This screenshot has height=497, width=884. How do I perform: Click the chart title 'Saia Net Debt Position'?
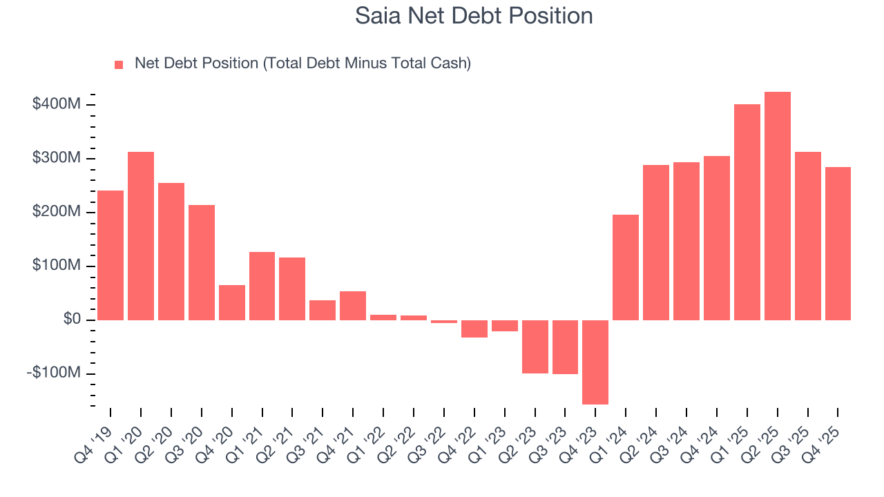pyautogui.click(x=474, y=16)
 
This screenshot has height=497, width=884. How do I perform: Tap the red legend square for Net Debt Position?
pyautogui.click(x=119, y=64)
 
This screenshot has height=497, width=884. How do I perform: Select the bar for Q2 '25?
pyautogui.click(x=777, y=206)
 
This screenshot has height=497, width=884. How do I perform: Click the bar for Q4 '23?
pyautogui.click(x=595, y=362)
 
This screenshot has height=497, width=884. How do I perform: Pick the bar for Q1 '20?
pyautogui.click(x=141, y=235)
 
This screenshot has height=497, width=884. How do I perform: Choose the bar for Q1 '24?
pyautogui.click(x=626, y=267)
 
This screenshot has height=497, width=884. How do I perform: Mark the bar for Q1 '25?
pyautogui.click(x=747, y=212)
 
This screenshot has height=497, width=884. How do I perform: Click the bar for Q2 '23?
pyautogui.click(x=535, y=347)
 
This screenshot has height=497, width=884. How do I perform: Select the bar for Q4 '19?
pyautogui.click(x=110, y=255)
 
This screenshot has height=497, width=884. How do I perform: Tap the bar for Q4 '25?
pyautogui.click(x=838, y=243)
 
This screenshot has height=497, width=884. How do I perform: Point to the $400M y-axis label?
pyautogui.click(x=56, y=104)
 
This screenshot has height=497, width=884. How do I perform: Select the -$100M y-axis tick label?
pyautogui.click(x=53, y=373)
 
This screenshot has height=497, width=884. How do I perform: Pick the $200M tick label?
pyautogui.click(x=56, y=212)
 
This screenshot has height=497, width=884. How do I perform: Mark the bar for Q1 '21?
pyautogui.click(x=262, y=286)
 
